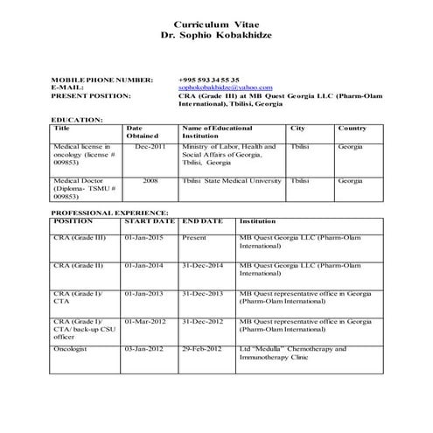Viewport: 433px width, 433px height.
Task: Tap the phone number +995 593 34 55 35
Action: point(208,80)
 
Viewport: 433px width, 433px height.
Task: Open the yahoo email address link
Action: point(226,87)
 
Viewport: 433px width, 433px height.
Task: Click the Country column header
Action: point(353,129)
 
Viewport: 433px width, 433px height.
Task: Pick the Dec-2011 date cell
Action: point(150,147)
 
